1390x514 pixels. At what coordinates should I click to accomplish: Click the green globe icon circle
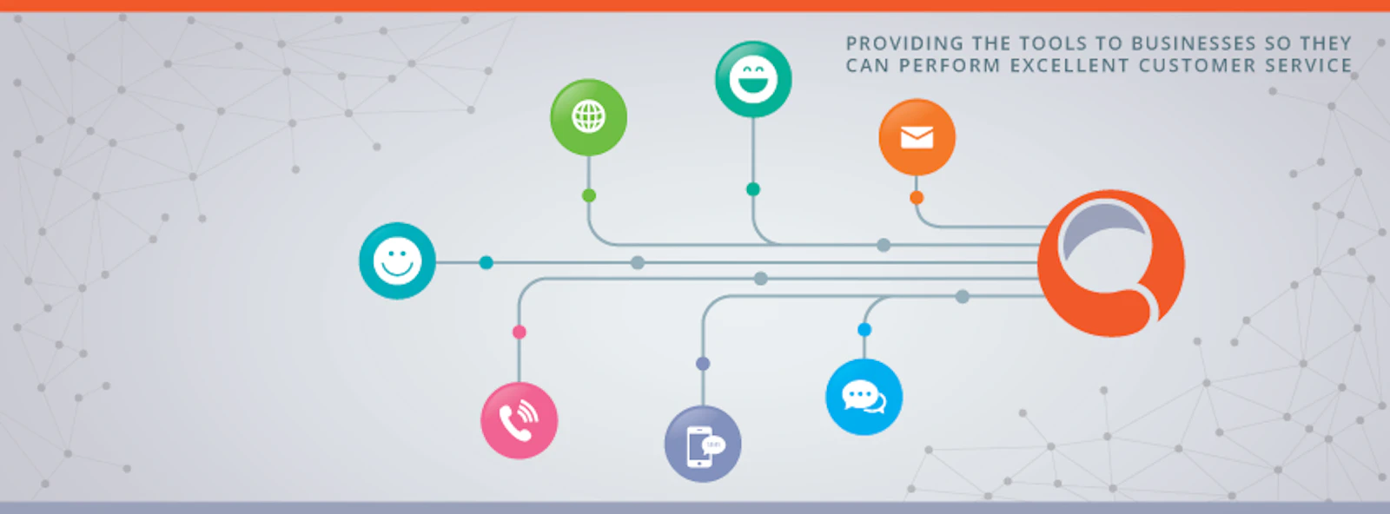point(588,117)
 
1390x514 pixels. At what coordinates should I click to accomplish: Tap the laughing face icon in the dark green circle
point(752,79)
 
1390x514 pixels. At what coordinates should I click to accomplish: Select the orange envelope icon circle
point(917,137)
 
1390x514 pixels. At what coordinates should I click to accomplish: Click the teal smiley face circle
point(397,261)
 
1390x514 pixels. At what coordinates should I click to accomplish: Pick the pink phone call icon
point(519,421)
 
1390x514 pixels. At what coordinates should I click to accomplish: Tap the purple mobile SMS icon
point(703,444)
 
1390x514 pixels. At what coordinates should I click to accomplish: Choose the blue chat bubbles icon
point(864,397)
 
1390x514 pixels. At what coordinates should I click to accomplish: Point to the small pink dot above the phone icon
point(520,333)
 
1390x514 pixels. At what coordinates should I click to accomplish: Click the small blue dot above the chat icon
point(864,330)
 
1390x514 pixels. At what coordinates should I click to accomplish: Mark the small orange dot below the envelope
point(917,198)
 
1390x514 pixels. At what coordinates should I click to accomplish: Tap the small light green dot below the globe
point(589,196)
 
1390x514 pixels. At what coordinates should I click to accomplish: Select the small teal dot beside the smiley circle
point(486,263)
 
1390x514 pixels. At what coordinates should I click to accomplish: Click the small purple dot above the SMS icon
point(703,364)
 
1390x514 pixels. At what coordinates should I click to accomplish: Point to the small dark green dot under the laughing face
point(752,189)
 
